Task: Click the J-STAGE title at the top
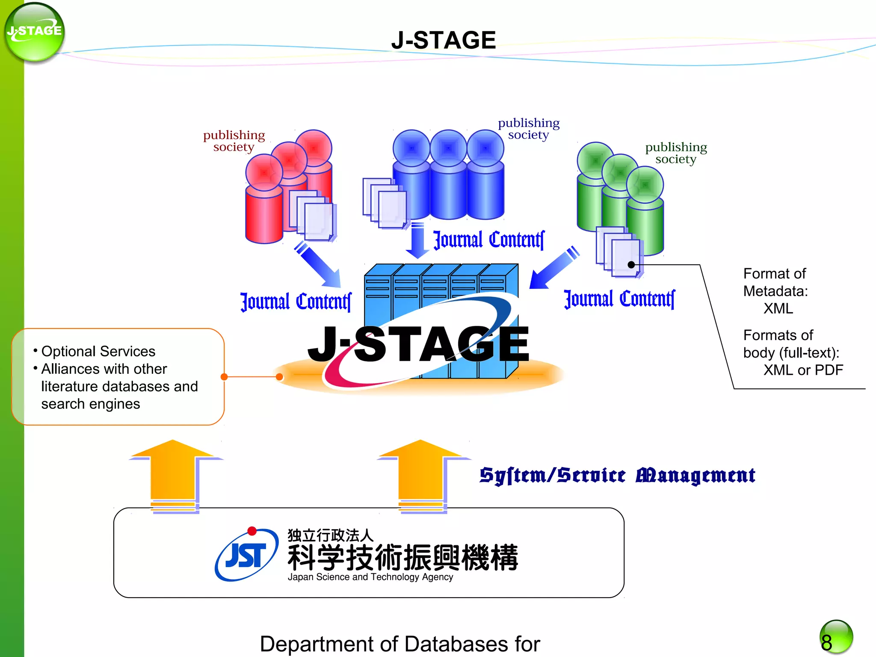click(443, 40)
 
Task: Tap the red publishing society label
click(234, 141)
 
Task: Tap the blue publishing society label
click(529, 129)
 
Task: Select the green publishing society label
click(676, 153)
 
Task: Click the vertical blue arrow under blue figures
click(417, 242)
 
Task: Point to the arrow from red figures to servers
click(319, 265)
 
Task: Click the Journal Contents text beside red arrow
click(296, 302)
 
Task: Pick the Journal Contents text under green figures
click(619, 299)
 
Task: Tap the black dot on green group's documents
click(631, 265)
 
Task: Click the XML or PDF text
click(803, 370)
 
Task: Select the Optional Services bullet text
click(98, 352)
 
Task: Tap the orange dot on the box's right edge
click(224, 377)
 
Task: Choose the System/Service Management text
click(617, 476)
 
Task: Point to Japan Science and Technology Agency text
click(370, 577)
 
